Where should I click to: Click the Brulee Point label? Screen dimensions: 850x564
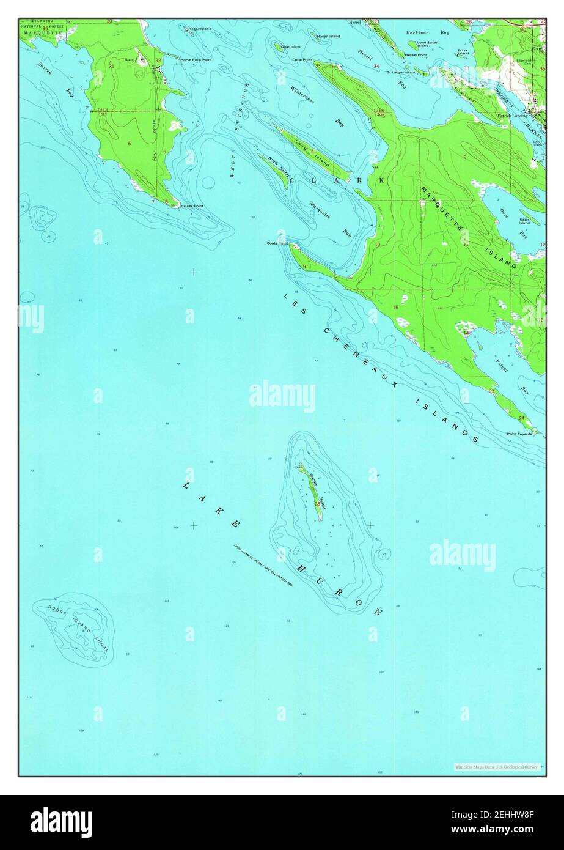coord(191,206)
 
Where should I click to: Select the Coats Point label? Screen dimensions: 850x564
coord(277,243)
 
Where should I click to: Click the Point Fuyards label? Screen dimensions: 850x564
coord(519,434)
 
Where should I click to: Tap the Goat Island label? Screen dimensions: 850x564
coord(291,46)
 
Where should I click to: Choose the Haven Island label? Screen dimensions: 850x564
coord(329,37)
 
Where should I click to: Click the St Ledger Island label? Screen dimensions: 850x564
coord(401,72)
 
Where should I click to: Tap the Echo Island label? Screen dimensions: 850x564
coord(463,52)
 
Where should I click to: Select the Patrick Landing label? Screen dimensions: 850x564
coord(512,115)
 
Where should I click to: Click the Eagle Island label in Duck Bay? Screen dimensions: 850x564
coord(524,221)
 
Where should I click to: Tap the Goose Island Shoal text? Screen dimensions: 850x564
coord(73,629)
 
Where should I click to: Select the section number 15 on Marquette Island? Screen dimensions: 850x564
coord(395,307)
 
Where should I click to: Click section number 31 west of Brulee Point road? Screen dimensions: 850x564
coord(111,66)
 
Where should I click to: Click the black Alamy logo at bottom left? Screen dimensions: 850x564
coord(61,822)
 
